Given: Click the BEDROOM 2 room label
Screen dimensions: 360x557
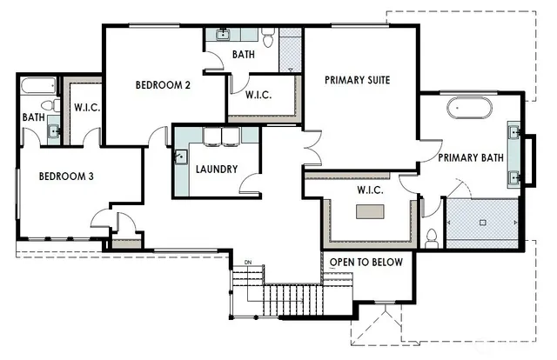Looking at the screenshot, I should point(163,85).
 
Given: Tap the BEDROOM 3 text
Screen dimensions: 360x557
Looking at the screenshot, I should point(66,176).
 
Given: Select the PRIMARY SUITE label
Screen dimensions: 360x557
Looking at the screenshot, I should point(357,80).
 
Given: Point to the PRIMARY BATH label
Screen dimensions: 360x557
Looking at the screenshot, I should point(470,157).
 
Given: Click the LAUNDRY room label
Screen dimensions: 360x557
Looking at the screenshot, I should point(217,169).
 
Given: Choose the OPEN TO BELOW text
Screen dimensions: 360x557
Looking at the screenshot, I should point(366,262).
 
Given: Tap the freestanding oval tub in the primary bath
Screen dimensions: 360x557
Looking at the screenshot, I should point(469,109).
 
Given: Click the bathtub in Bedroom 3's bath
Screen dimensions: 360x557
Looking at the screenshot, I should point(37,86).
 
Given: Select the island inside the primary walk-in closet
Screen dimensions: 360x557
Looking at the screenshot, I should point(369,211).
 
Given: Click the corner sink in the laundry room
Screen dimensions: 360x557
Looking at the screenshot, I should point(181,157).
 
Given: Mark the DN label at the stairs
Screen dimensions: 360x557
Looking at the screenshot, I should point(248,263).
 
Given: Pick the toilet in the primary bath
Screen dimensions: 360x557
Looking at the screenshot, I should point(431,237).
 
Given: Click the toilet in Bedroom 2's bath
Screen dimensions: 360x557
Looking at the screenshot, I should point(268,39).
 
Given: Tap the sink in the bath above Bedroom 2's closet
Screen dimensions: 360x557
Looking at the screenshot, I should point(223,36).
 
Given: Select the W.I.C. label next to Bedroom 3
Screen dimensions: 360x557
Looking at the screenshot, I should point(84,109).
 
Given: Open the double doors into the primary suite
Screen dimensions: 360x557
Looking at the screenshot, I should point(310,146).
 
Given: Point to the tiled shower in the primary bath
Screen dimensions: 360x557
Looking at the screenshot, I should point(483,218).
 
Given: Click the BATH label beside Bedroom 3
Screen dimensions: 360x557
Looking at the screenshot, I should point(34,117).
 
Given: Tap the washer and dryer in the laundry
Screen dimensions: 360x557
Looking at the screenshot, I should point(221,137).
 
